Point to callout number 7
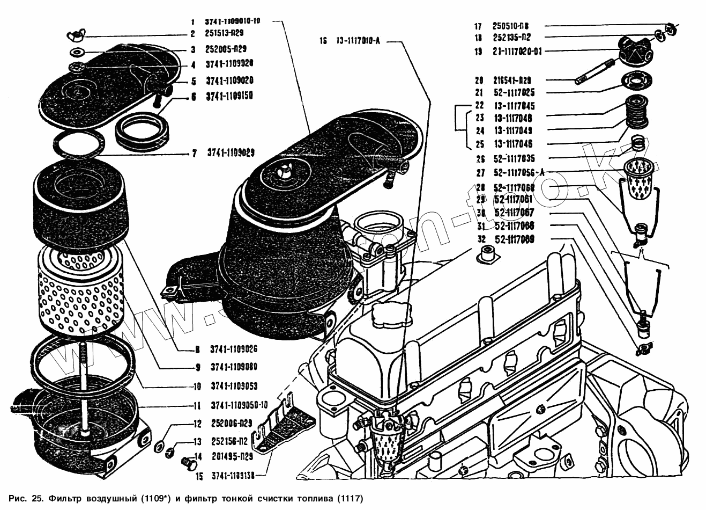195,154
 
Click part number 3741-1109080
234,367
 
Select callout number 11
197,406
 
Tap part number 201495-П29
232,457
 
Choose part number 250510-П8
512,26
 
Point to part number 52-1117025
514,92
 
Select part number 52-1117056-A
519,172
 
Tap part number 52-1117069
515,239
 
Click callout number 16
323,41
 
